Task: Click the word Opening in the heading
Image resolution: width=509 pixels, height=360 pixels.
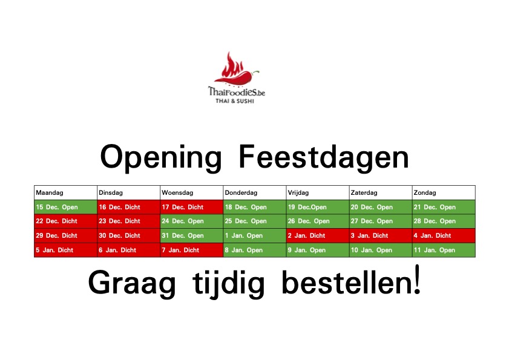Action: coord(161,158)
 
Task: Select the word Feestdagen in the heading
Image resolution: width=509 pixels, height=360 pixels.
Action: coord(324,158)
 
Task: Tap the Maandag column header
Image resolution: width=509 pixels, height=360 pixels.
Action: coord(65,192)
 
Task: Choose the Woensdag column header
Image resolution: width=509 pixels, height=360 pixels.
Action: coord(191,192)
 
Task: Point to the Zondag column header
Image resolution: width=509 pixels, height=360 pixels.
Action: coord(444,192)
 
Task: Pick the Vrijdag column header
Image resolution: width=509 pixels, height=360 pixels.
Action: coord(317,192)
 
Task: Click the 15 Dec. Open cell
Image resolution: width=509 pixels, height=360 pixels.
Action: coord(65,207)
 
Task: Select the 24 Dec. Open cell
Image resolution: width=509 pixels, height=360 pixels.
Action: coord(191,221)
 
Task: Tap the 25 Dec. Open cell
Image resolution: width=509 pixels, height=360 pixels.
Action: coord(254,221)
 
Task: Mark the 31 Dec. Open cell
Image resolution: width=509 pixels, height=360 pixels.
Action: coord(191,235)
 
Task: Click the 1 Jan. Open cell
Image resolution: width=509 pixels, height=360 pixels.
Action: coord(254,235)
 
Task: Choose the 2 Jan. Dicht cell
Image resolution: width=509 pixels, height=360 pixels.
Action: coord(317,235)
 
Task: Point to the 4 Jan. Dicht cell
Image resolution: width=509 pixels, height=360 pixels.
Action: coord(444,235)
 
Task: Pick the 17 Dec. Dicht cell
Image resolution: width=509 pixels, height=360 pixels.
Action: coord(191,207)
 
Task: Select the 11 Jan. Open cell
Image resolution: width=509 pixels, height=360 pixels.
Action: coord(444,250)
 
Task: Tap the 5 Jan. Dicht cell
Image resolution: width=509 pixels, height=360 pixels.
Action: coord(65,250)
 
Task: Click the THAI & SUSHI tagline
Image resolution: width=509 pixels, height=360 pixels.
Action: coord(235,101)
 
